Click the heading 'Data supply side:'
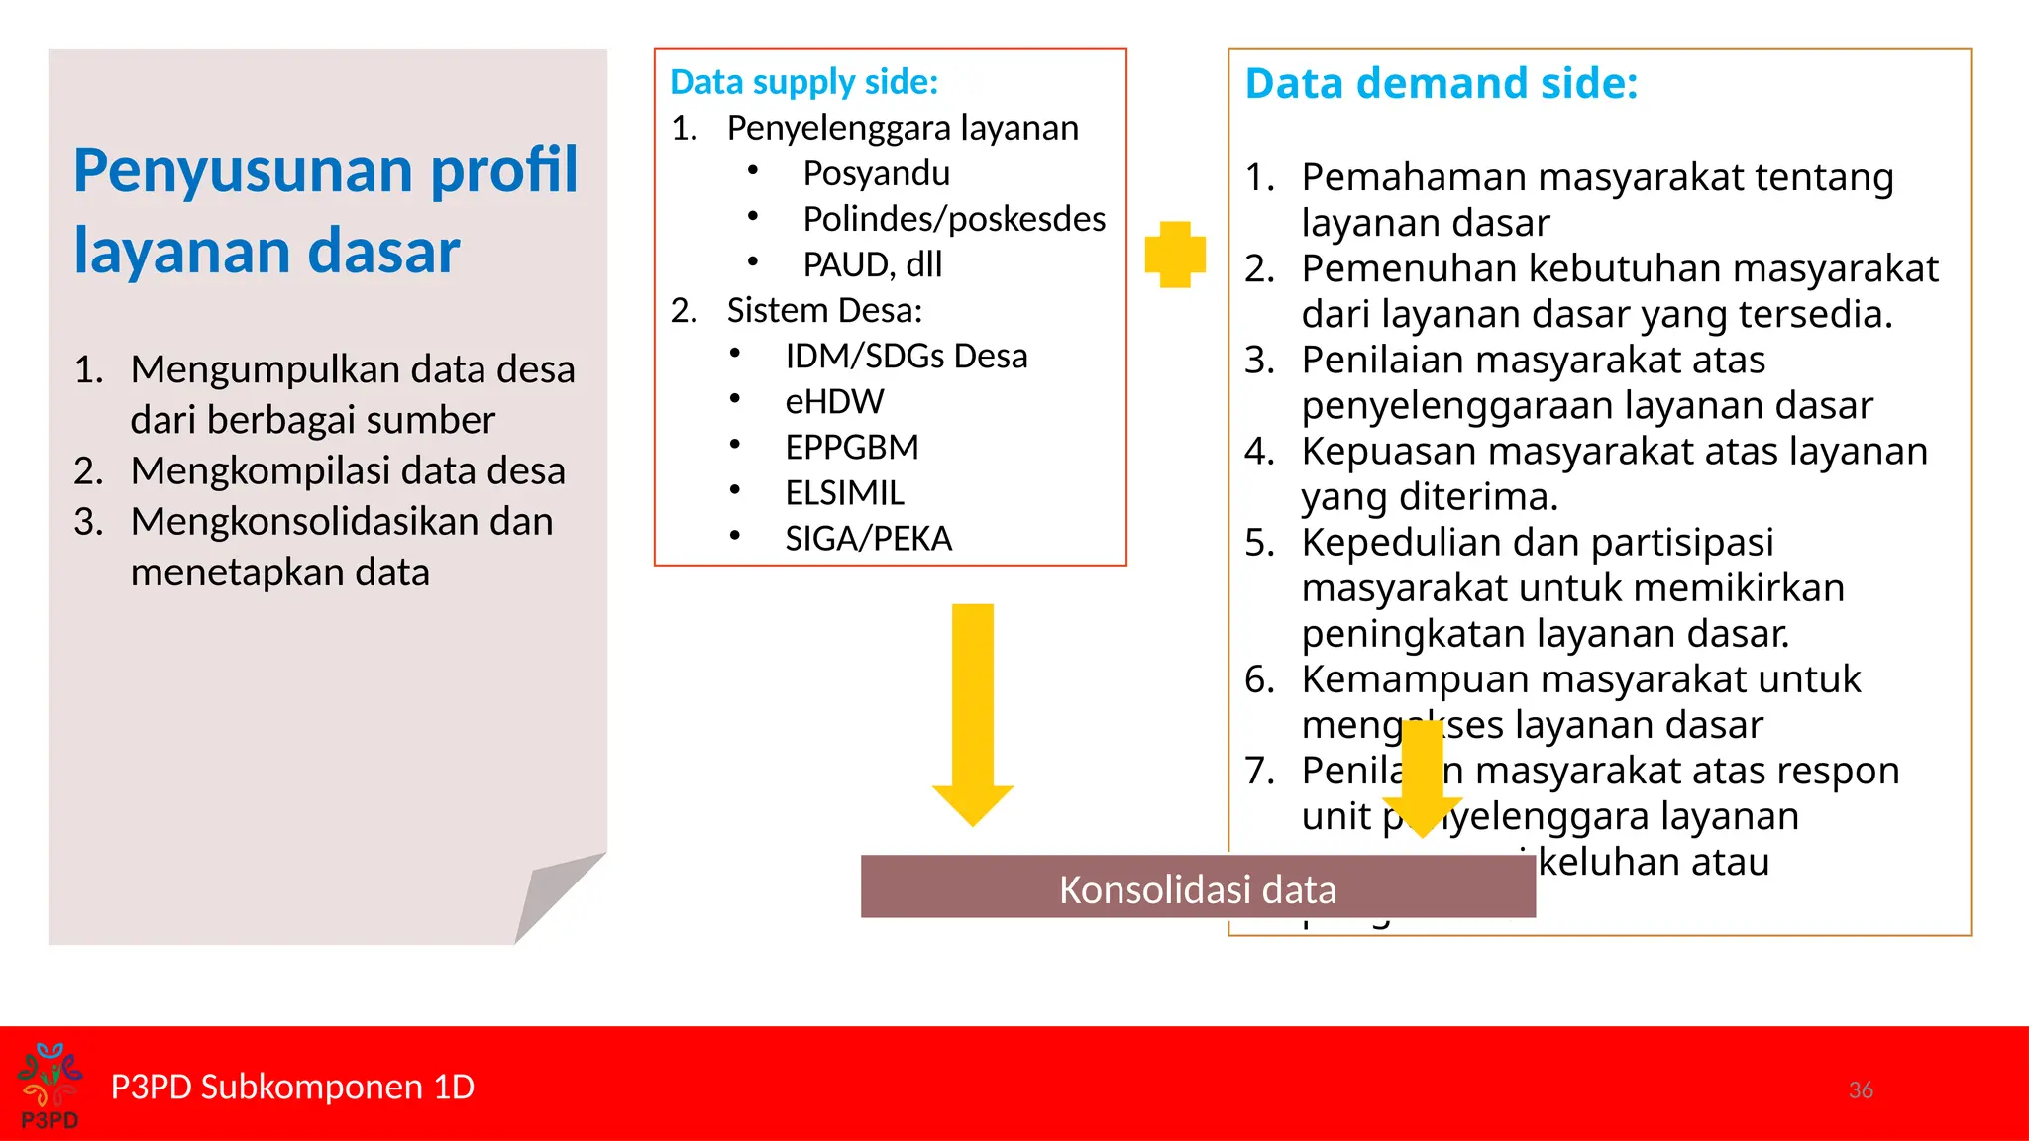pyautogui.click(x=803, y=82)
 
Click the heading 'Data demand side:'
pyautogui.click(x=1441, y=83)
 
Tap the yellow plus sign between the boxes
pyautogui.click(x=1175, y=255)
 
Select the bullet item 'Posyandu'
pyautogui.click(x=876, y=173)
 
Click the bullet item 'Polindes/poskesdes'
pyautogui.click(x=953, y=219)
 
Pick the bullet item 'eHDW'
pyautogui.click(x=834, y=401)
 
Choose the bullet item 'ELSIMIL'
pyautogui.click(x=844, y=492)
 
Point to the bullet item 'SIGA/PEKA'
pyautogui.click(x=868, y=538)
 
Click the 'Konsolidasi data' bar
pyautogui.click(x=1197, y=887)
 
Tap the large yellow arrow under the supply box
pyautogui.click(x=973, y=713)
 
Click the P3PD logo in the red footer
pyautogui.click(x=50, y=1086)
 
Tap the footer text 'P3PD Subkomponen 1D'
pyautogui.click(x=292, y=1087)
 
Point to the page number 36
pyautogui.click(x=1860, y=1089)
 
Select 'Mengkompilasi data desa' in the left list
pyautogui.click(x=347, y=470)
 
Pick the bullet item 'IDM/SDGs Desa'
pyautogui.click(x=906, y=356)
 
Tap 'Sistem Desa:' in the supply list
pyautogui.click(x=824, y=310)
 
